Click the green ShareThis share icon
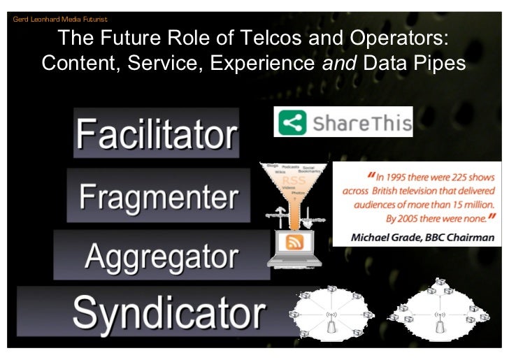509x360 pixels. [294, 124]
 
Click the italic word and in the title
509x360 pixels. [338, 64]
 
